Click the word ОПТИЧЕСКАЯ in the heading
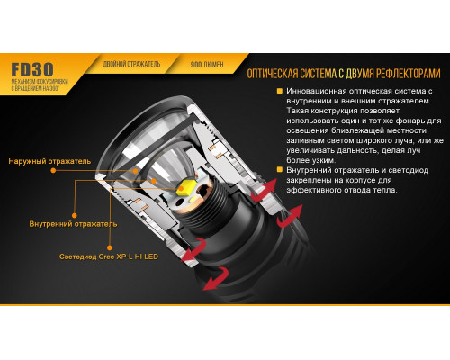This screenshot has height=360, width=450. click(x=278, y=75)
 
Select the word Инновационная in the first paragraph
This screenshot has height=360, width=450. click(x=324, y=92)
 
